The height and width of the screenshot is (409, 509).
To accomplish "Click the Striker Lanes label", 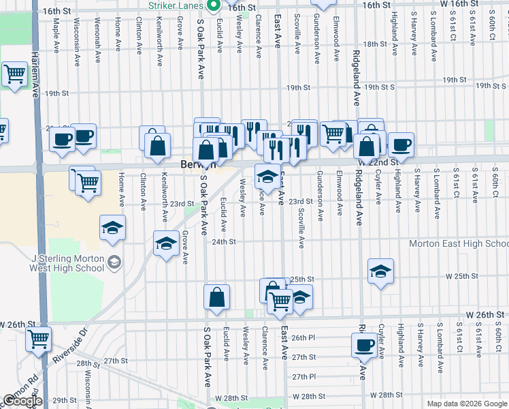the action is click(176, 5).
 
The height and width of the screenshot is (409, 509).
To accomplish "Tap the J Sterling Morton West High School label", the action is click(68, 263).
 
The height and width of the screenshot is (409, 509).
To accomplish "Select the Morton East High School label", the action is click(459, 243).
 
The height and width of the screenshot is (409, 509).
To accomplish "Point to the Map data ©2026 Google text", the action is click(466, 404).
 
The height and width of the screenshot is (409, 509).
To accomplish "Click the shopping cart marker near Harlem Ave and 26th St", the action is click(39, 337).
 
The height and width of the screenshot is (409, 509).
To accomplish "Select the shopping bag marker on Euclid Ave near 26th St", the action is click(216, 297).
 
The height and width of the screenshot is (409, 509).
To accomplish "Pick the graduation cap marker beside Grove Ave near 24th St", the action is click(165, 243).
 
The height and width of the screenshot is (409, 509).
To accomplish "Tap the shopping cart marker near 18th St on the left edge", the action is click(14, 74).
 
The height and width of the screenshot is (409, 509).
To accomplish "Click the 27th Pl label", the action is click(303, 376).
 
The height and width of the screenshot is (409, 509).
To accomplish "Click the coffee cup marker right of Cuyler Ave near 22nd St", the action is click(401, 144).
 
